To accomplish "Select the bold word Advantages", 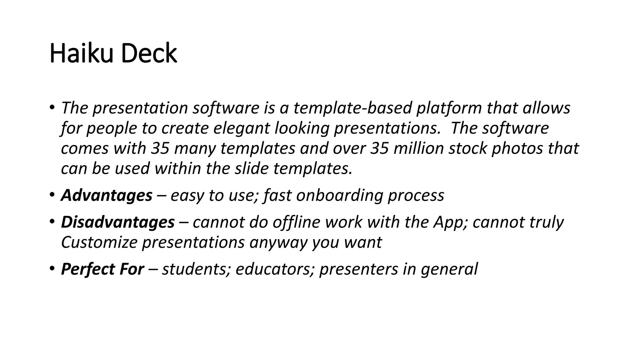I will pyautogui.click(x=107, y=196).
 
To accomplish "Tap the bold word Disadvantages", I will pyautogui.click(x=117, y=222).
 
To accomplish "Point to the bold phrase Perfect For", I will pyautogui.click(x=102, y=269).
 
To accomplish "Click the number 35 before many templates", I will pyautogui.click(x=160, y=148).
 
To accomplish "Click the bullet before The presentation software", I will pyautogui.click(x=52, y=107).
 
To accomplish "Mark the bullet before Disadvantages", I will pyautogui.click(x=52, y=222).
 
